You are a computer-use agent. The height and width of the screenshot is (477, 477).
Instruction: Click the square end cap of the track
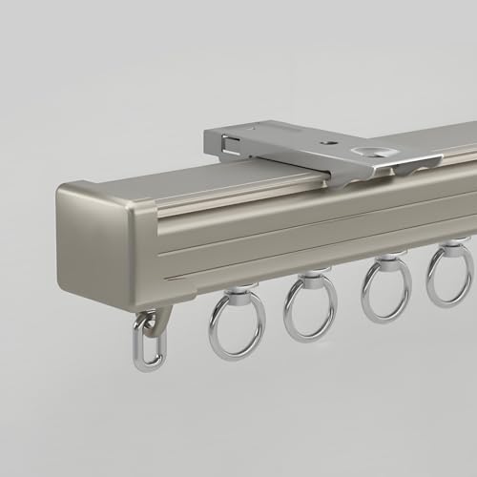tap(95, 233)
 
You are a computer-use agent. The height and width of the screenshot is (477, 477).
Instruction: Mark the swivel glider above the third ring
tap(386, 258)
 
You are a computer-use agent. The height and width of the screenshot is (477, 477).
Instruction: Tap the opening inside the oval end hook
tap(146, 343)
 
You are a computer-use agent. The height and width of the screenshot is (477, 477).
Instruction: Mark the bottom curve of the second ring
tap(311, 335)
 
